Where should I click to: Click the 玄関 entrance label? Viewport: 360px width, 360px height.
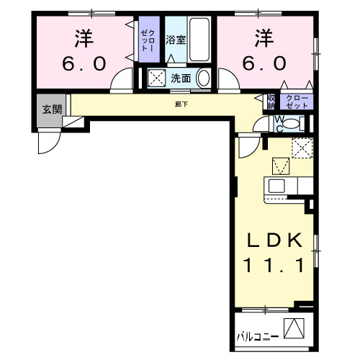[50, 109]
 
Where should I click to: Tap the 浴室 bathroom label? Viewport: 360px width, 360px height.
[176, 40]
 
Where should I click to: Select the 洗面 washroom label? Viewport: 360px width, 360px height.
[180, 78]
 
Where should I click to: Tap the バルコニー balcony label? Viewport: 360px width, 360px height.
[258, 336]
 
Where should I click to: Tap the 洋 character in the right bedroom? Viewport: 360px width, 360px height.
[263, 36]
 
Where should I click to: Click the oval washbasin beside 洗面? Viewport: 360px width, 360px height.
[203, 78]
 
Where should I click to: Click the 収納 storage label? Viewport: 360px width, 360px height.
[271, 101]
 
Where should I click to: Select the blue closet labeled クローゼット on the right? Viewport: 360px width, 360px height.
[296, 101]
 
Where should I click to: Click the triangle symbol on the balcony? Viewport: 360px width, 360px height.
[293, 329]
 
